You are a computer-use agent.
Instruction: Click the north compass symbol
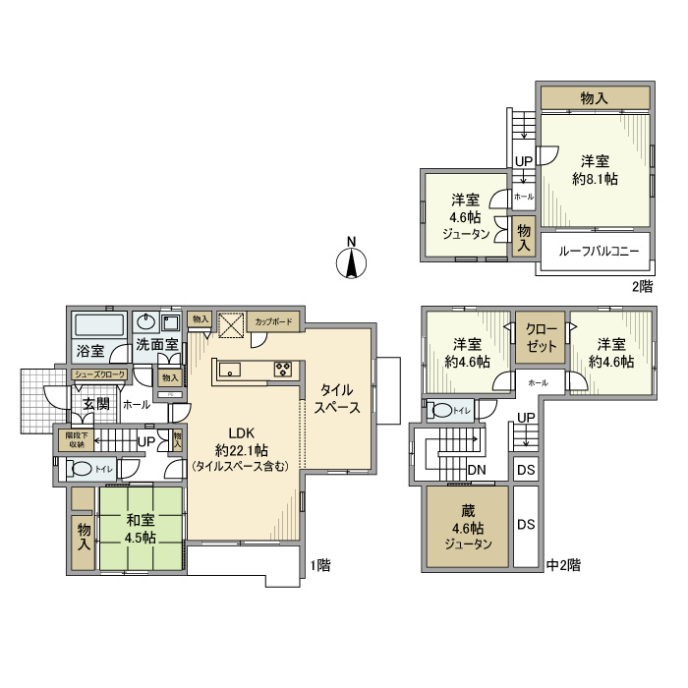(x=350, y=260)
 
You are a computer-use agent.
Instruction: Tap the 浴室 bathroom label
(x=90, y=350)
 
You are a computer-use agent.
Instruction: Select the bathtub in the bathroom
(x=98, y=323)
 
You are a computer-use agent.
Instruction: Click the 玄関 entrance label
(x=96, y=403)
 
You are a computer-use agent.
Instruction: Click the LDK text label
(x=242, y=431)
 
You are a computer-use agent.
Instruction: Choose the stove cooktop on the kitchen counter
(x=283, y=370)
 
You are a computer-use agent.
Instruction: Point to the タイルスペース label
(x=335, y=398)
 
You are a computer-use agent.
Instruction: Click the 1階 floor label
(x=319, y=565)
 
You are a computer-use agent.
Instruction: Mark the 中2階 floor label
(x=563, y=565)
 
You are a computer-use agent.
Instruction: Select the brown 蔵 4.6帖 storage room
(x=468, y=527)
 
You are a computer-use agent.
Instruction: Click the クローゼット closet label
(x=540, y=337)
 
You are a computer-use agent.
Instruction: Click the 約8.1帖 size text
(x=595, y=179)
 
